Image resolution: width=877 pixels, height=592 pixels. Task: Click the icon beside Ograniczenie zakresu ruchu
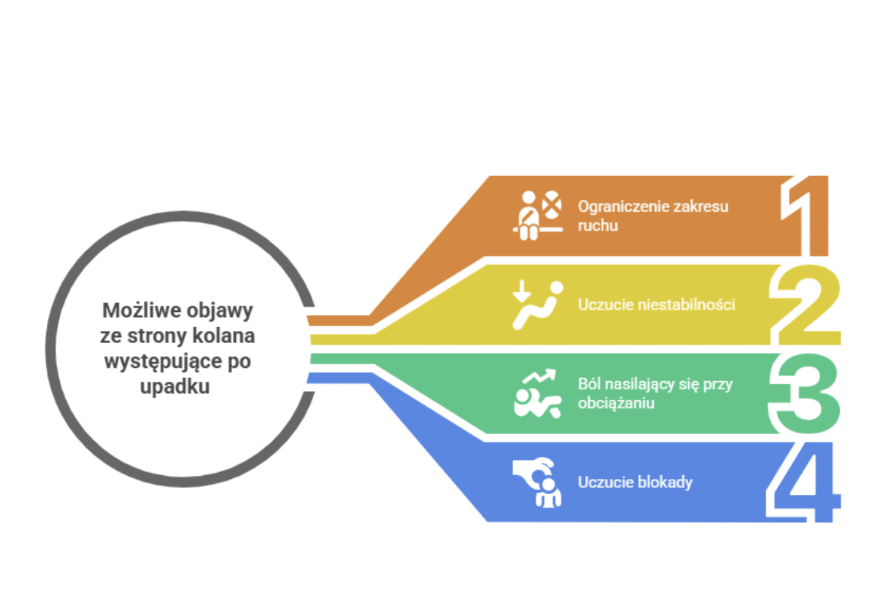[x=538, y=216]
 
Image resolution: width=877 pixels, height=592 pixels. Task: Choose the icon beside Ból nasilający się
[x=538, y=393]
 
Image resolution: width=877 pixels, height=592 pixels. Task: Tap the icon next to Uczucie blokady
[x=538, y=482]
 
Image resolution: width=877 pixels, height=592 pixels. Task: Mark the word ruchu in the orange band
[x=597, y=225]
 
